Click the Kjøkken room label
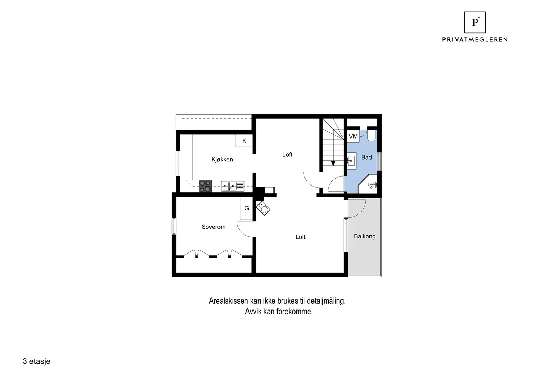222,159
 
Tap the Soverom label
213,227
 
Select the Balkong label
365,236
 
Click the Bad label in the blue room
366,157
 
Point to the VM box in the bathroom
353,136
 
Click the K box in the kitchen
244,141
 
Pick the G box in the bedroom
246,208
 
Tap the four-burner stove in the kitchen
205,186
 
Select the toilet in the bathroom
371,135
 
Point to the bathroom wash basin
352,161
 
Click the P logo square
475,22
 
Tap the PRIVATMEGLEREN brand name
475,39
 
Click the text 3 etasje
37,361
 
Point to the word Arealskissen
228,301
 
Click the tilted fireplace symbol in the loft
263,208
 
